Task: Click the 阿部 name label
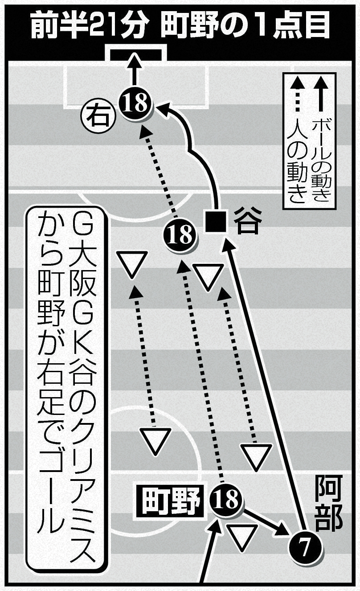[329, 504]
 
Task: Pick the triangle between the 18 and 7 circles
[243, 537]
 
